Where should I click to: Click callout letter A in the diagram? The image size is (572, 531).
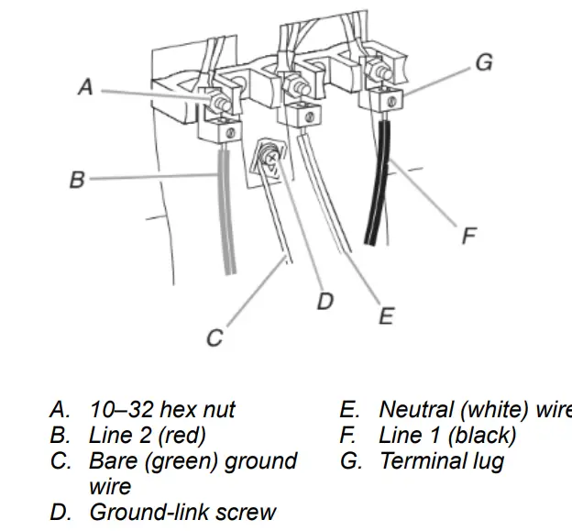click(x=85, y=87)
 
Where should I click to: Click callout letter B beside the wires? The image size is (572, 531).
click(x=77, y=180)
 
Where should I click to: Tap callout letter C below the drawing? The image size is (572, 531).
click(x=214, y=337)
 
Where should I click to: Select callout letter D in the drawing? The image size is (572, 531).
click(x=325, y=300)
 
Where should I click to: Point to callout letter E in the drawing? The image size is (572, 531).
click(x=386, y=316)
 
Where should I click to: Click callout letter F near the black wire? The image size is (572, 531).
click(x=468, y=236)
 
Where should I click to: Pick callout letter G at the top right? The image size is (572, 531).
click(x=484, y=62)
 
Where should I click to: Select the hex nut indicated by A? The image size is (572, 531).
click(x=219, y=99)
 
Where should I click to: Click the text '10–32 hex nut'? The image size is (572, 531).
click(x=162, y=409)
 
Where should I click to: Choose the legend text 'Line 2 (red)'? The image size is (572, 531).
click(x=148, y=435)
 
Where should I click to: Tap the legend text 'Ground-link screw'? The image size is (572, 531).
click(x=182, y=512)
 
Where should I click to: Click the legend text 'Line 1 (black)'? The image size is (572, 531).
click(x=447, y=435)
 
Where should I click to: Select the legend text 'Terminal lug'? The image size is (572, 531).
click(x=441, y=460)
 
